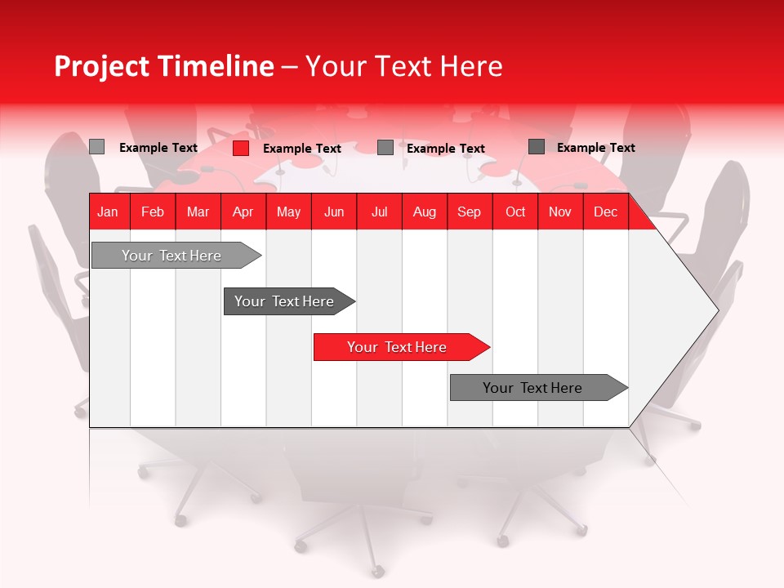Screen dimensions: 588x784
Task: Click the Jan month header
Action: tap(108, 212)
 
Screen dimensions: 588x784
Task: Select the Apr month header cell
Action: tap(243, 212)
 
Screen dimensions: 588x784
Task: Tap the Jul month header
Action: tap(379, 212)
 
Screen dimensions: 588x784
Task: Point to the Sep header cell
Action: tap(469, 212)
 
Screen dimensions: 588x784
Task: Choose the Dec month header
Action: tap(605, 212)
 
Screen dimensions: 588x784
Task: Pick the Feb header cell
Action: tap(153, 212)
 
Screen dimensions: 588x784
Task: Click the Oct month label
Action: tap(515, 212)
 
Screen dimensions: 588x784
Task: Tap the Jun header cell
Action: tap(334, 212)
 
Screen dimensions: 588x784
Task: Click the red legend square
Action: tap(241, 148)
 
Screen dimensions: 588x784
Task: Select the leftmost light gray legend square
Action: tap(96, 147)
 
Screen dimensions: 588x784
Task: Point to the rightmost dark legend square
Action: tap(537, 147)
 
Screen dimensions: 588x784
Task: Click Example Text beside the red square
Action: tap(301, 149)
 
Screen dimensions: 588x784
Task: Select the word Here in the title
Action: tap(471, 66)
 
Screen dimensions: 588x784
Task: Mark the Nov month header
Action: tap(560, 212)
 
